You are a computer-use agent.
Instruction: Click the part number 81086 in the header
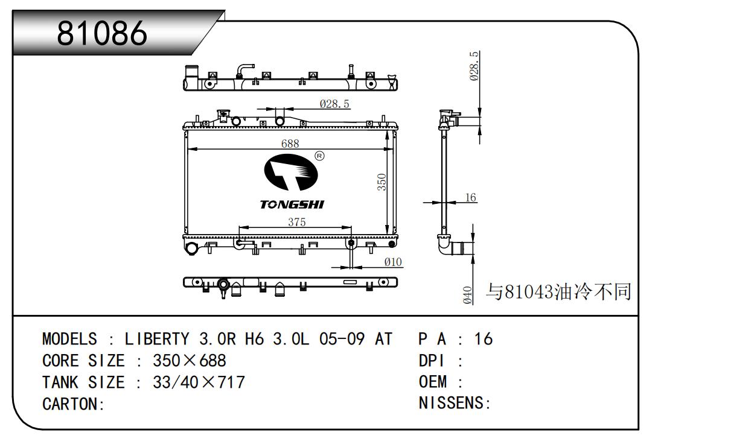click(102, 33)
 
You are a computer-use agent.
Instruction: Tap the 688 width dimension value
click(290, 144)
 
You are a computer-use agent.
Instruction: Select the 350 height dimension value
click(381, 182)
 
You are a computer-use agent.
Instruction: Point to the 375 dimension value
click(297, 222)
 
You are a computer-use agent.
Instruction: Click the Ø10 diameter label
click(393, 262)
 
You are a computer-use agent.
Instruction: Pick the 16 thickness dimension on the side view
click(471, 197)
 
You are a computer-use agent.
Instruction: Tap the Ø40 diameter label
click(467, 295)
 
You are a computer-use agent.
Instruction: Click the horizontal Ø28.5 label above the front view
click(334, 104)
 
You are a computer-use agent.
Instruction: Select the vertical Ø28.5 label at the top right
click(474, 66)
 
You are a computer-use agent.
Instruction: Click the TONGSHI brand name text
click(292, 204)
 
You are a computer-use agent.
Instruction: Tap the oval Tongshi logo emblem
click(291, 172)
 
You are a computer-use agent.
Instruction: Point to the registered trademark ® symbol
click(319, 156)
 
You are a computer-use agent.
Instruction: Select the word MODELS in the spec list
click(69, 339)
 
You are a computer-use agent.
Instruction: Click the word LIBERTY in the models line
click(157, 339)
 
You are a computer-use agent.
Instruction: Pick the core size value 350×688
click(190, 361)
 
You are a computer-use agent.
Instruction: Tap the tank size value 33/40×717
click(199, 382)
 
